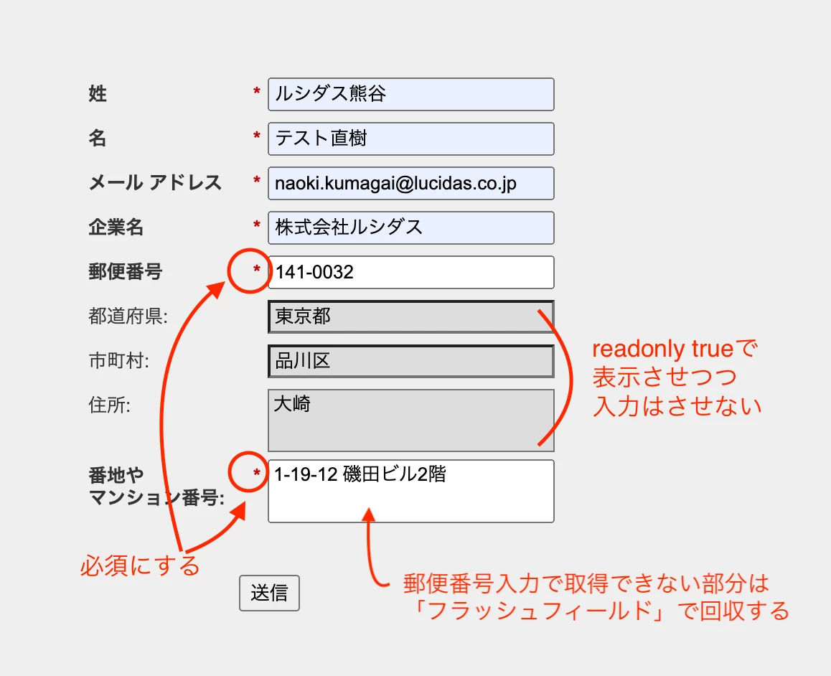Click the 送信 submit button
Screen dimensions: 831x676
(x=269, y=593)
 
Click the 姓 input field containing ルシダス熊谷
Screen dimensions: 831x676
(x=410, y=94)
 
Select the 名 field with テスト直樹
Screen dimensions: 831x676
(x=410, y=139)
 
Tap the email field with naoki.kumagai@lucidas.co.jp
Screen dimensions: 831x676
(x=410, y=183)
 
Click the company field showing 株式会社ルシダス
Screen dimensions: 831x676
(x=410, y=227)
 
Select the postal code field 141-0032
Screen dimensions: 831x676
(x=410, y=272)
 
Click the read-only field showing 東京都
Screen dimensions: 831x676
(x=410, y=316)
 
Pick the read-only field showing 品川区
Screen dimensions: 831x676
(x=410, y=361)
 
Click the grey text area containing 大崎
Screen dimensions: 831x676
(x=410, y=420)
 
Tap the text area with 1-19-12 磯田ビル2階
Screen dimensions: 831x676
(x=410, y=491)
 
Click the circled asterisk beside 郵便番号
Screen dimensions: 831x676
(x=257, y=269)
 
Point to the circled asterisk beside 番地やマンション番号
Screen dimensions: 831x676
(x=257, y=472)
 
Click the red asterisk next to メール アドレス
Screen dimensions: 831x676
(x=257, y=180)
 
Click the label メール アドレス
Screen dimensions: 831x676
(x=155, y=183)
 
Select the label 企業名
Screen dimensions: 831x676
(x=116, y=227)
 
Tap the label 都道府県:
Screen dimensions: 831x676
(x=128, y=316)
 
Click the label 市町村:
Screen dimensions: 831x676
(x=118, y=361)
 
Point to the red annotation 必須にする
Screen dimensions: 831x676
(x=140, y=565)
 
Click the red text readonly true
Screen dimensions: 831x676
(x=662, y=349)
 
